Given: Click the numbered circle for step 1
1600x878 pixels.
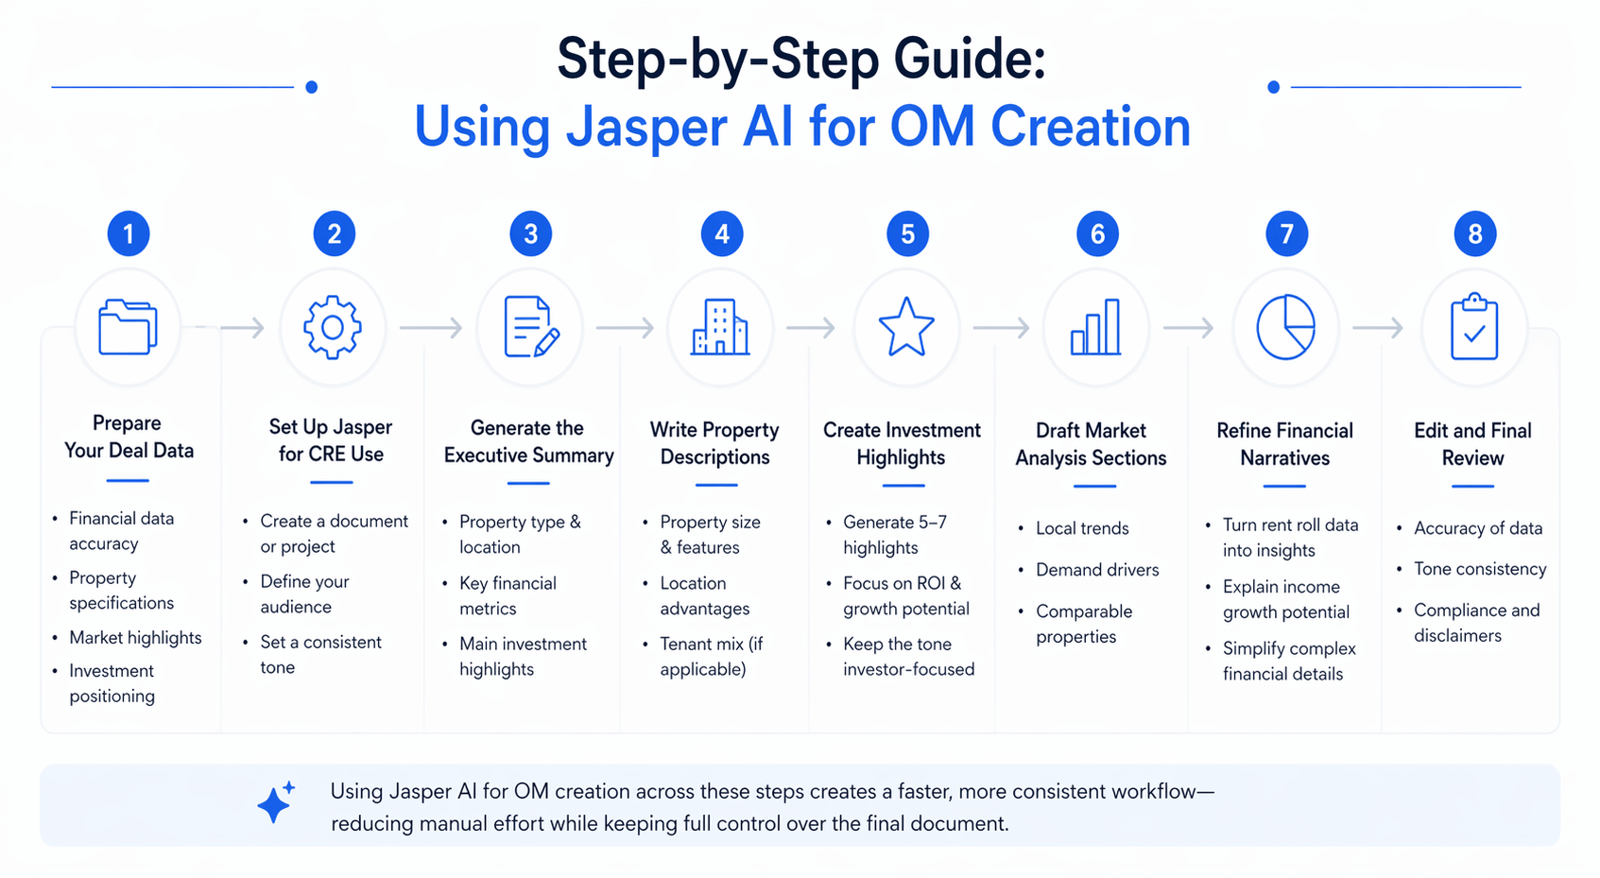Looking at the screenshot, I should [129, 233].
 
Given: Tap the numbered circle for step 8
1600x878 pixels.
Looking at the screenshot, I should [1474, 233].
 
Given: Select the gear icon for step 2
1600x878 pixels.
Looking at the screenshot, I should [332, 327].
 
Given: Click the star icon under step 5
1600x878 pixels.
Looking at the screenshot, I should [906, 327].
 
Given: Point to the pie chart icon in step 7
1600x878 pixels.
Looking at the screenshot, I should [1285, 327].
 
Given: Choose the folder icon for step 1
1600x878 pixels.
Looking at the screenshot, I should [128, 327].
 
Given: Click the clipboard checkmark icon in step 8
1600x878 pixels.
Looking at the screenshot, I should [1474, 328].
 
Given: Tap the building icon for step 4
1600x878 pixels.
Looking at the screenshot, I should [720, 328].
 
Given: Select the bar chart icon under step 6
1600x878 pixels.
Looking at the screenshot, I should [1096, 328].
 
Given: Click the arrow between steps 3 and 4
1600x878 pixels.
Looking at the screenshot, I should [625, 328].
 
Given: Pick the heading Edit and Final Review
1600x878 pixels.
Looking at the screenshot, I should [1472, 444].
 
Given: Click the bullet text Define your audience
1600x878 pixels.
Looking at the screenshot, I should [304, 594].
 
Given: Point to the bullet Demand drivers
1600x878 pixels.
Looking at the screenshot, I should [1096, 570].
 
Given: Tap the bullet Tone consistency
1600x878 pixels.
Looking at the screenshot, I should [1479, 569].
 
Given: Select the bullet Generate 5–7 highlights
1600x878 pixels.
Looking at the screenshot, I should [894, 535].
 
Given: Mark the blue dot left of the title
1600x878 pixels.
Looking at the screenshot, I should [311, 87].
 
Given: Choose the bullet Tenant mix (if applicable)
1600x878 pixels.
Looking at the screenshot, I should [711, 656].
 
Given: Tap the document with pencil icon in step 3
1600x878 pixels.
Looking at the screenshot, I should [530, 327].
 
